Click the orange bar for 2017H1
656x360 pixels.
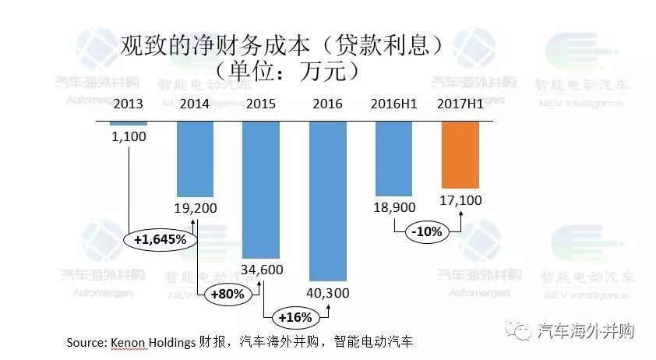point(460,154)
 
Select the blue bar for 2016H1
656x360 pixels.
point(395,157)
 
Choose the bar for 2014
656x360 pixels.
point(194,158)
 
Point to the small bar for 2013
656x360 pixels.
point(129,123)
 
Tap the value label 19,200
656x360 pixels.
point(195,208)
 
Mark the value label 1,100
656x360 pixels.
point(129,136)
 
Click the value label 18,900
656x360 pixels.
point(394,208)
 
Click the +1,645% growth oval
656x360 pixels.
point(160,239)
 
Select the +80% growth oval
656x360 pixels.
point(227,295)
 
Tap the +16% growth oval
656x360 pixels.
point(294,317)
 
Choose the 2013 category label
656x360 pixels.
point(129,104)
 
